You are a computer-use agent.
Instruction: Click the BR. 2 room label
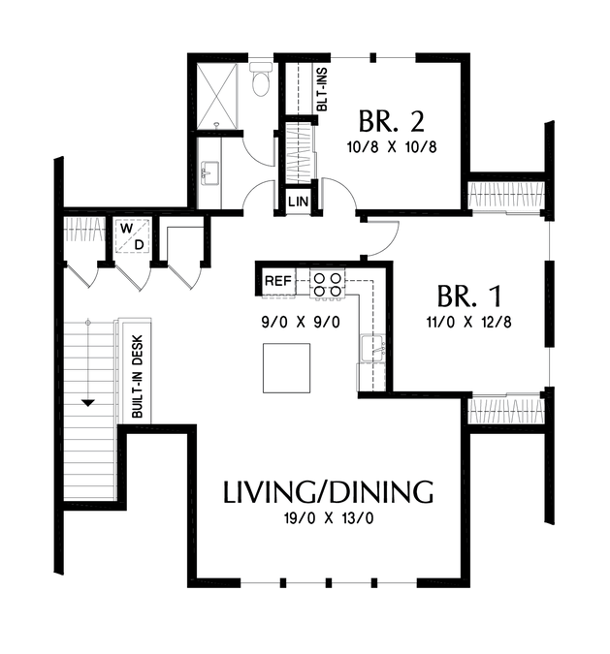[x=391, y=121]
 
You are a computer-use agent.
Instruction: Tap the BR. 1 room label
[x=469, y=296]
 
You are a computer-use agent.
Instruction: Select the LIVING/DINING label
[x=329, y=492]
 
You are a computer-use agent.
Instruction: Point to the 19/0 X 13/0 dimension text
[x=329, y=518]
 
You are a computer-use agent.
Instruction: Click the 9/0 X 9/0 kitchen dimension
[x=301, y=322]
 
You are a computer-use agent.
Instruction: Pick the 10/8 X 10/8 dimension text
[x=392, y=147]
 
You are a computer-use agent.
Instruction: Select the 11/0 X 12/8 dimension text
[x=468, y=322]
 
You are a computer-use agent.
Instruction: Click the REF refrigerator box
[x=278, y=281]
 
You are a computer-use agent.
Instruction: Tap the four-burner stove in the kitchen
[x=327, y=284]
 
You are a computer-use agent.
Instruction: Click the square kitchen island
[x=286, y=368]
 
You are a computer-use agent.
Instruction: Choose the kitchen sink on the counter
[x=372, y=348]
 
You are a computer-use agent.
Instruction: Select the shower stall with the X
[x=216, y=96]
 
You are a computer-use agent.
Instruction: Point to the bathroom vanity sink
[x=210, y=173]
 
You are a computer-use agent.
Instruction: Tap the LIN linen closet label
[x=298, y=202]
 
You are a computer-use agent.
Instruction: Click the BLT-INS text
[x=322, y=90]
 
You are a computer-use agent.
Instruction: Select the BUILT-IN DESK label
[x=137, y=377]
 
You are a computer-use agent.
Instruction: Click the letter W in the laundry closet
[x=127, y=229]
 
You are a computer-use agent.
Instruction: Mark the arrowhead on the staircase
[x=88, y=403]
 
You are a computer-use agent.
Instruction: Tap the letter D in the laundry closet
[x=139, y=245]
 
